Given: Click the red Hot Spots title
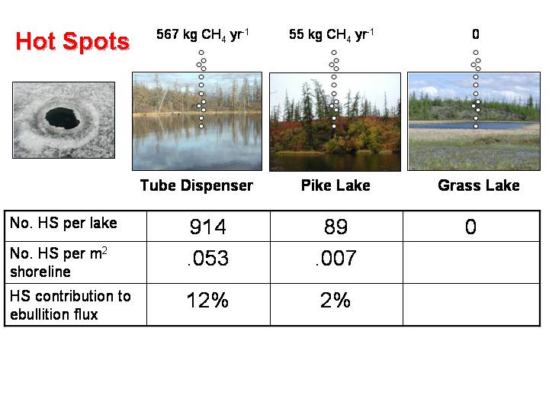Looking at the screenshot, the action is click(x=72, y=42).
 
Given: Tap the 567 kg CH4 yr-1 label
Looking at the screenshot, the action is click(x=202, y=35).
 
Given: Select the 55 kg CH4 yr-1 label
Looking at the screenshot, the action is click(x=331, y=35).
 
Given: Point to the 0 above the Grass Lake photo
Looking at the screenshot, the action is click(x=476, y=34).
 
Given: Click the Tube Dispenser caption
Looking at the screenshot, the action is click(x=197, y=185).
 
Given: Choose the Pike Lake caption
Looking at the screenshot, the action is click(x=335, y=185).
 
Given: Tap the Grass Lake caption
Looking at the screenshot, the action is click(x=479, y=185).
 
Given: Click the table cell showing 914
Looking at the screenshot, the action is click(x=208, y=227).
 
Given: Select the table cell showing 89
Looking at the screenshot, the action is click(x=335, y=227).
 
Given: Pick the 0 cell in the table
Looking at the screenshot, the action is click(x=470, y=227).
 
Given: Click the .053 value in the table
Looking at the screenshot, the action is click(x=208, y=258).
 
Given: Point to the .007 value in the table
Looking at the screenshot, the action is click(x=335, y=258).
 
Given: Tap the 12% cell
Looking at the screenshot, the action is click(x=207, y=301).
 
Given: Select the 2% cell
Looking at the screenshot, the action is click(x=335, y=301).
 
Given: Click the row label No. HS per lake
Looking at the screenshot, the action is click(x=63, y=223).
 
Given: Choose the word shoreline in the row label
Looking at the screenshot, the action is click(x=40, y=272).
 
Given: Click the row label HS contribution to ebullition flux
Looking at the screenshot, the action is click(x=70, y=305).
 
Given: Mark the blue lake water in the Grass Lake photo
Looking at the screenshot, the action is click(x=469, y=125).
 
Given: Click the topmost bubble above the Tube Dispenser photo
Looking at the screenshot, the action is click(x=201, y=53).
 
